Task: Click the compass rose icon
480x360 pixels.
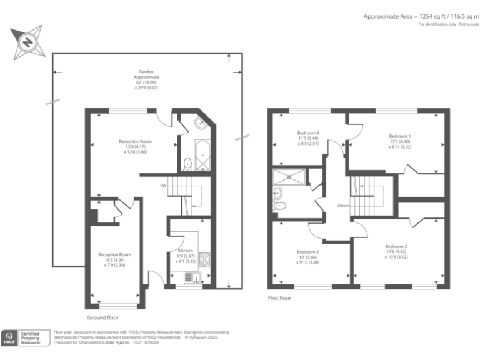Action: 28,42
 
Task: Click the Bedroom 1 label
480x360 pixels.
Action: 400,142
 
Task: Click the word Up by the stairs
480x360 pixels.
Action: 163,186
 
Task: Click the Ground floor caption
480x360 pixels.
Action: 103,317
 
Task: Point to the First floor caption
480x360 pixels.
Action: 279,298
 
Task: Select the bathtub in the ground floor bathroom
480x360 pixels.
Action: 202,156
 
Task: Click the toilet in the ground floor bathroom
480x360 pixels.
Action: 187,164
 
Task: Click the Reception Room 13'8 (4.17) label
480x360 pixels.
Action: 135,146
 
